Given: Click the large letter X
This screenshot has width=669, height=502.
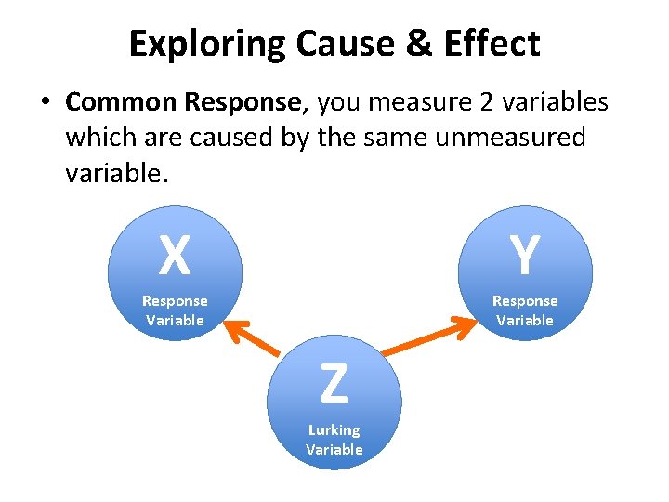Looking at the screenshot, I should pos(175,256).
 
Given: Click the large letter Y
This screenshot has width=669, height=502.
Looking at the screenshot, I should pos(525,256).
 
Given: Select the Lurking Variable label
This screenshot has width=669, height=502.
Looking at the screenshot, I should pos(334,440).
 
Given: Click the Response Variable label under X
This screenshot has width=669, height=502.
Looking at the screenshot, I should pos(175,310).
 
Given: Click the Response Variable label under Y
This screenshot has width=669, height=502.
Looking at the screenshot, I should pos(525,310).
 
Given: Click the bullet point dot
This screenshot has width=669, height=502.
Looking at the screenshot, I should pos(45,102).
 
